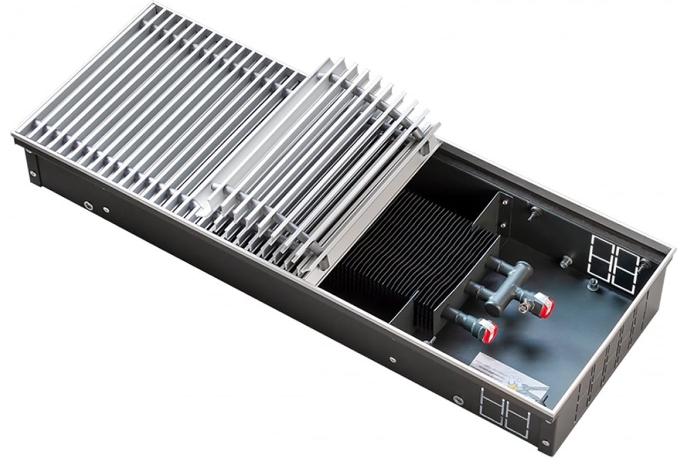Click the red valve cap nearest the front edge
point(487,330)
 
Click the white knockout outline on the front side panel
point(506,410)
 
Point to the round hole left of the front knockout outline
point(458,399)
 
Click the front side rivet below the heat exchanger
point(392,360)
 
